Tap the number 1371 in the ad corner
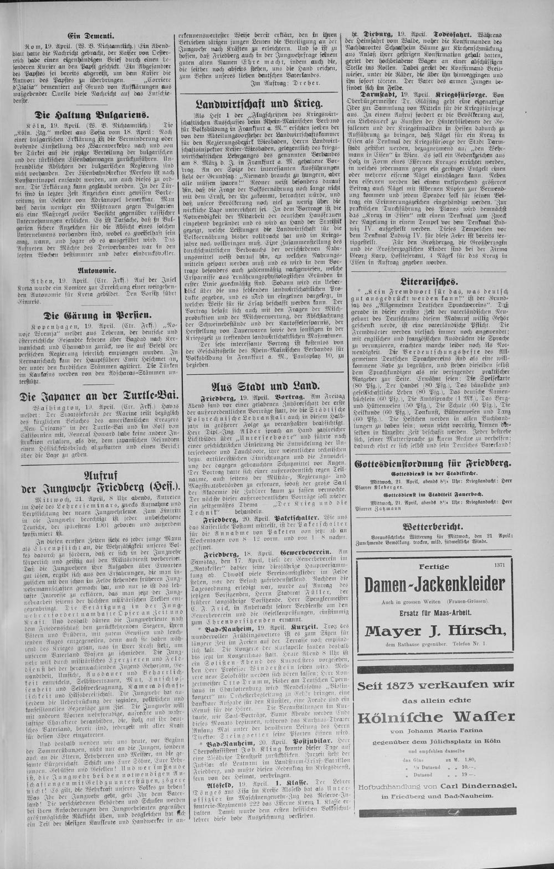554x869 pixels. click(x=495, y=563)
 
